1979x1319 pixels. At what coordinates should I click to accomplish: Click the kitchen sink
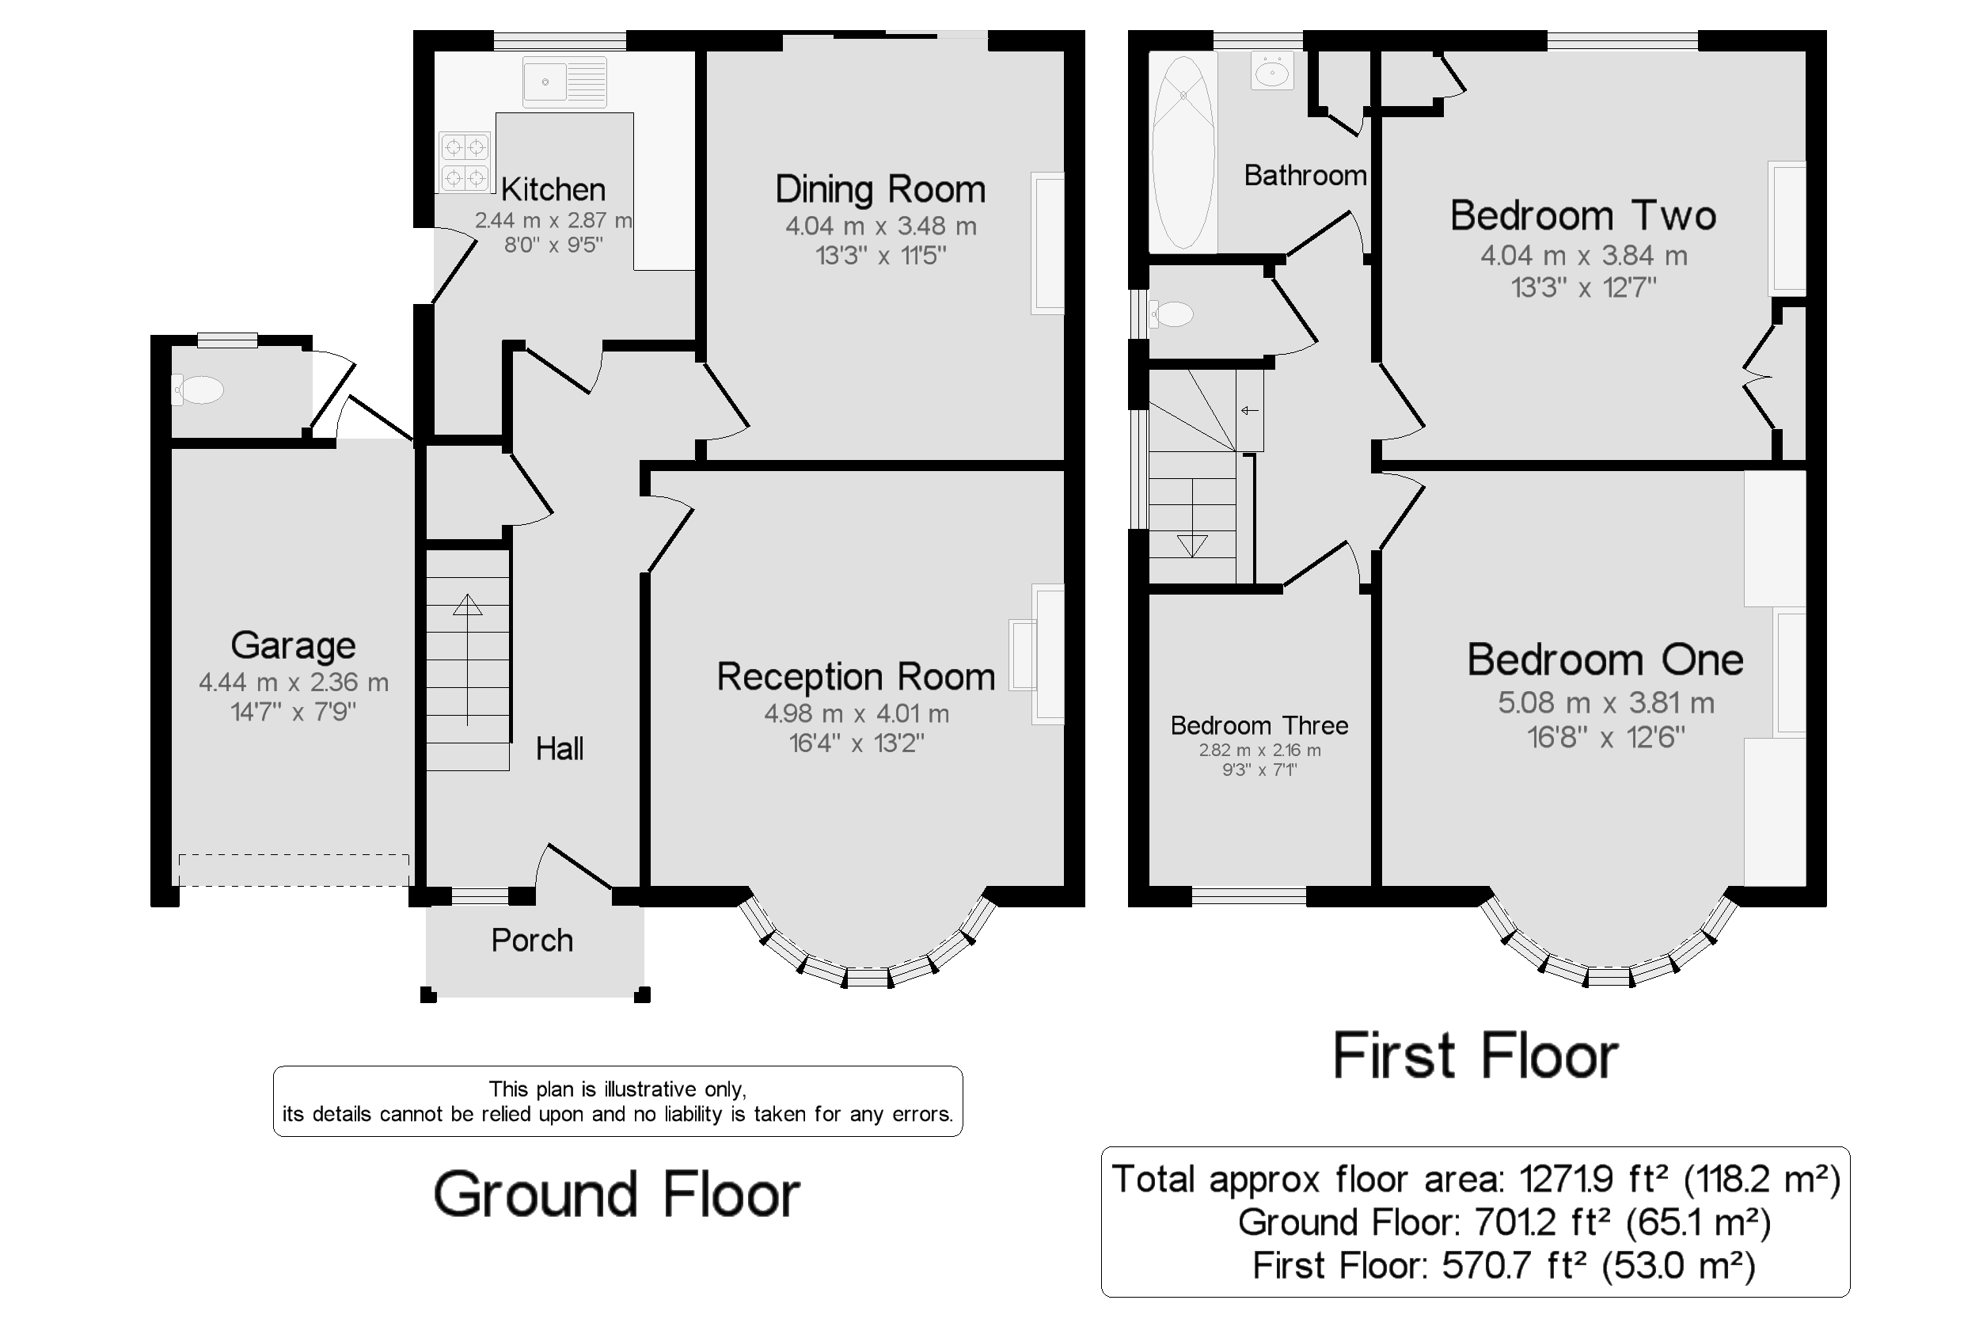tap(564, 82)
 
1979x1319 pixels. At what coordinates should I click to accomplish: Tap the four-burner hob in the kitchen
tap(464, 162)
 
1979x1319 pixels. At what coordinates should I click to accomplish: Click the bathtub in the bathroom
tap(1183, 153)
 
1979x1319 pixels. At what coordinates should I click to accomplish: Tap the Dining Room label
tap(879, 190)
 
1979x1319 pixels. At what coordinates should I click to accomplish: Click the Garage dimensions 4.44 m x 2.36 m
tap(294, 682)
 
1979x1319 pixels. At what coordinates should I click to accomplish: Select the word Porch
tap(531, 941)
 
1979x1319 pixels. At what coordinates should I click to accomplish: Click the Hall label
tap(560, 749)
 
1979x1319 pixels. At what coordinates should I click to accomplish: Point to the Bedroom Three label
tap(1259, 725)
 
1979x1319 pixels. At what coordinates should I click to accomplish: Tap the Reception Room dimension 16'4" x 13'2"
tap(857, 743)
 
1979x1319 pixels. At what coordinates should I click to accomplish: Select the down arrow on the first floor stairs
tap(1192, 545)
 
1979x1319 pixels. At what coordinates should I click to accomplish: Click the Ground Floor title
tap(617, 1195)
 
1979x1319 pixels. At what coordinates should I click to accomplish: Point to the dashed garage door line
tap(294, 870)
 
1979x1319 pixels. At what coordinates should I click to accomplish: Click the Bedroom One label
tap(1605, 660)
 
